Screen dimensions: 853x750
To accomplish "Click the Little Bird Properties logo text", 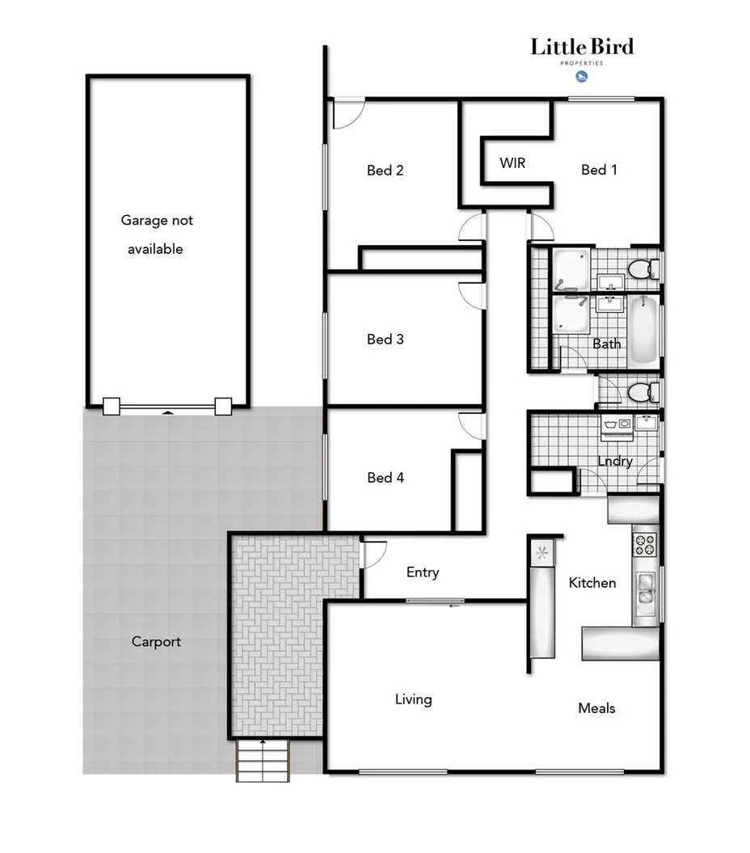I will (581, 49).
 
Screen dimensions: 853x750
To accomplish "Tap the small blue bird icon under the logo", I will (580, 77).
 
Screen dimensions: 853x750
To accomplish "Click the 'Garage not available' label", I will (157, 234).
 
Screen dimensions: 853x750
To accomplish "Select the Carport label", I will (156, 642).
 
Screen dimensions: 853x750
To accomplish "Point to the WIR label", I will (512, 163).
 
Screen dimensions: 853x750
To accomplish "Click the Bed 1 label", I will (599, 170).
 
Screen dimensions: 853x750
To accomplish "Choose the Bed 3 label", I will (386, 340).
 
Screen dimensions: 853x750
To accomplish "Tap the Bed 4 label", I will (386, 478).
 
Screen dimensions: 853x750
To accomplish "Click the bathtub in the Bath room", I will (644, 330).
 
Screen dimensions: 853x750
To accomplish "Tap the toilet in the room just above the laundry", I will (641, 393).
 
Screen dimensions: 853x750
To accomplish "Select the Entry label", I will (423, 572).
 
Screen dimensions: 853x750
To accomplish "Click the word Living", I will (413, 699).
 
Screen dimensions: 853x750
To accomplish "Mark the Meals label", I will (596, 708).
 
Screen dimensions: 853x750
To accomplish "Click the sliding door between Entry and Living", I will (436, 601).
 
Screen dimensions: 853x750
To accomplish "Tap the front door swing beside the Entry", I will (373, 555).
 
